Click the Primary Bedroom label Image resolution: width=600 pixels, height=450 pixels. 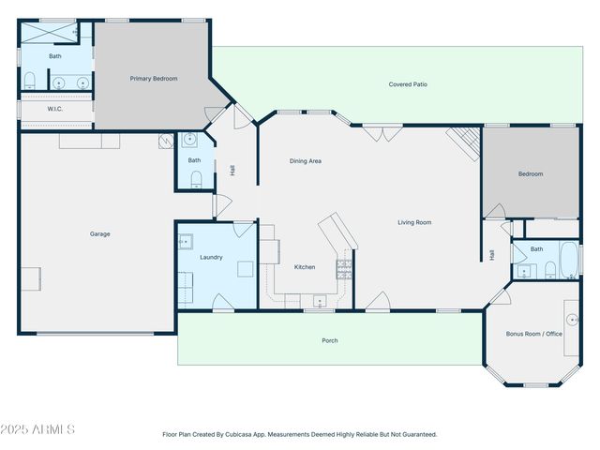pos(154,79)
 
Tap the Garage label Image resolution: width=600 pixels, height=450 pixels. pos(100,234)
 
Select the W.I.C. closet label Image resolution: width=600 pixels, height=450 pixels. pos(55,109)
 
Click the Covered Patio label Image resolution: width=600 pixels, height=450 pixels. pos(408,84)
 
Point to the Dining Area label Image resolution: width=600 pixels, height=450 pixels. pos(305,161)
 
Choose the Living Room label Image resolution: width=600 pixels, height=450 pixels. pos(414,222)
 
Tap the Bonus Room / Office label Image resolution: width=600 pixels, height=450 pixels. pos(533,334)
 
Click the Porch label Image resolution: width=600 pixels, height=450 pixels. pos(329,340)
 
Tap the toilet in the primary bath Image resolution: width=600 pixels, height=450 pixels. pos(29,80)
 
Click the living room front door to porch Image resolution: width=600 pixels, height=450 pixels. pos(378,301)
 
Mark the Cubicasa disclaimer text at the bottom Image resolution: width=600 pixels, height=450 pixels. pos(299,434)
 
